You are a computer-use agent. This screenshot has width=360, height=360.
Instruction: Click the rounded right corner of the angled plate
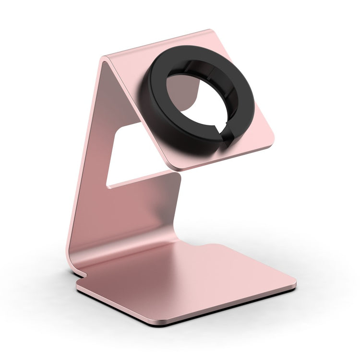click(271, 142)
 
